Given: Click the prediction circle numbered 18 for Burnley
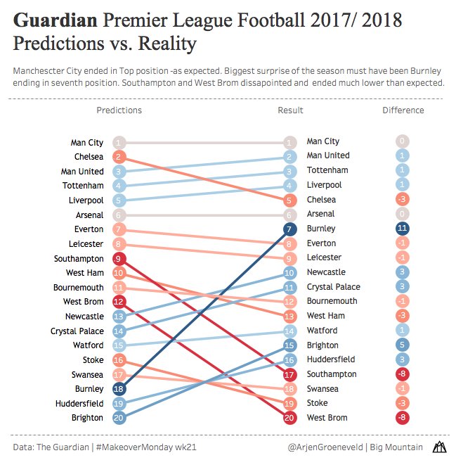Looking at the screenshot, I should pyautogui.click(x=119, y=389).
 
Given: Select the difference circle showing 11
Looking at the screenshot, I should pyautogui.click(x=403, y=229).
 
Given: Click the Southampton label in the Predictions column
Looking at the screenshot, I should pyautogui.click(x=79, y=258).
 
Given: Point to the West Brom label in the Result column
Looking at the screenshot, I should pyautogui.click(x=327, y=419).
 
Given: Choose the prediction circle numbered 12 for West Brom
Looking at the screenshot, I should pyautogui.click(x=119, y=302).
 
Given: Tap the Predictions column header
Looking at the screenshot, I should pyautogui.click(x=119, y=110).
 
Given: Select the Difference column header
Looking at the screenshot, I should pyautogui.click(x=403, y=110).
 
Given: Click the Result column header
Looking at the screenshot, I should pyautogui.click(x=290, y=110).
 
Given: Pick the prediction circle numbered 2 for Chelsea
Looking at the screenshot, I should pyautogui.click(x=119, y=157).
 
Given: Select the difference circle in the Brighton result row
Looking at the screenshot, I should pyautogui.click(x=403, y=345).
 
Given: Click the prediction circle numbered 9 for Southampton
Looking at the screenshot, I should pyautogui.click(x=119, y=258).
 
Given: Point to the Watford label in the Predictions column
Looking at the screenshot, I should pyautogui.click(x=89, y=345).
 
